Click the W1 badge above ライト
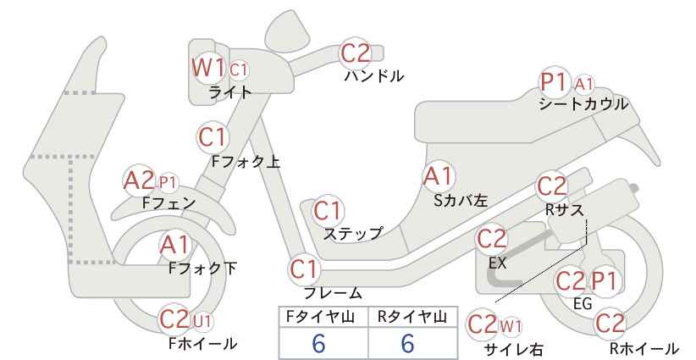[208, 68]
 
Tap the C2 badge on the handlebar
[355, 53]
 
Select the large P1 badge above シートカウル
[554, 82]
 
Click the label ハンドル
[374, 76]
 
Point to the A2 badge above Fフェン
[139, 181]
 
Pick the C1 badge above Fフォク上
[213, 137]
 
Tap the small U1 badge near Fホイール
[202, 321]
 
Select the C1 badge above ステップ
[328, 211]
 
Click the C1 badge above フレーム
[305, 269]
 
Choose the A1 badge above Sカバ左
[438, 177]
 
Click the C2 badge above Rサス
[552, 186]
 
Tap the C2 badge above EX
[491, 239]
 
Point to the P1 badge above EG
[604, 281]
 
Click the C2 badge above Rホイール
[610, 324]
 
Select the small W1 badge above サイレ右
[511, 327]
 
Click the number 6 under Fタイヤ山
[318, 343]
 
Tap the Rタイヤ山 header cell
[413, 317]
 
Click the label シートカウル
[583, 104]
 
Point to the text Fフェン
[168, 203]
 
